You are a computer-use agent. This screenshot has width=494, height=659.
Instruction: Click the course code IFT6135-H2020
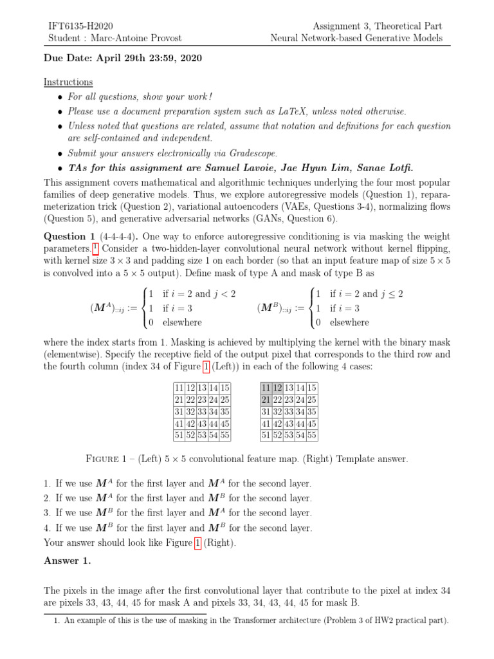click(x=81, y=26)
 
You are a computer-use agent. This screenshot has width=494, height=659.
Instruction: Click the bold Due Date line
click(x=122, y=59)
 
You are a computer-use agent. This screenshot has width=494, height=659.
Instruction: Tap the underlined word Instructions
click(x=68, y=82)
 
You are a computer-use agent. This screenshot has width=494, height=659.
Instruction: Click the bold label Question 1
click(x=68, y=236)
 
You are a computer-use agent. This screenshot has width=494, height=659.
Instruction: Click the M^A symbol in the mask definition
click(x=103, y=308)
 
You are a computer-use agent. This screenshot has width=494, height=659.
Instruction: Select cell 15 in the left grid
click(x=224, y=388)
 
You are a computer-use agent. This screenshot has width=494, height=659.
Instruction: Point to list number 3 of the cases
click(x=47, y=513)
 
